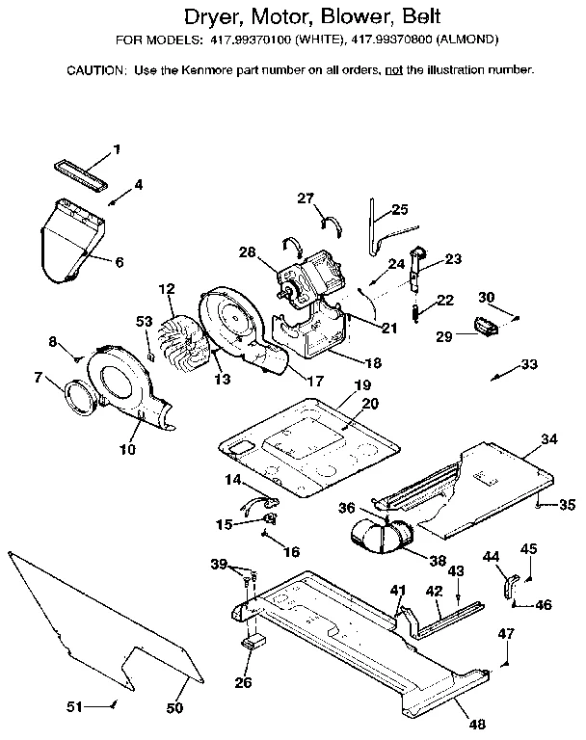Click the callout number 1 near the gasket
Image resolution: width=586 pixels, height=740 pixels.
(117, 148)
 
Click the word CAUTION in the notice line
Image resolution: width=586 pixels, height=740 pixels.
(95, 70)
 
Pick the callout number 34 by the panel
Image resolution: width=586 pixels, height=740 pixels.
(548, 439)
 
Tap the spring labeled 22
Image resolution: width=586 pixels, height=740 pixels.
(415, 310)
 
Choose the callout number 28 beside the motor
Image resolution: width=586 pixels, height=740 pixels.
(247, 252)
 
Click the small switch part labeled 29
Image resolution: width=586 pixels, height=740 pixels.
(484, 328)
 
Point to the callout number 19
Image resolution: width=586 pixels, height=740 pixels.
(361, 385)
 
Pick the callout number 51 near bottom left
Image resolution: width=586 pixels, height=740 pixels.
(74, 706)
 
